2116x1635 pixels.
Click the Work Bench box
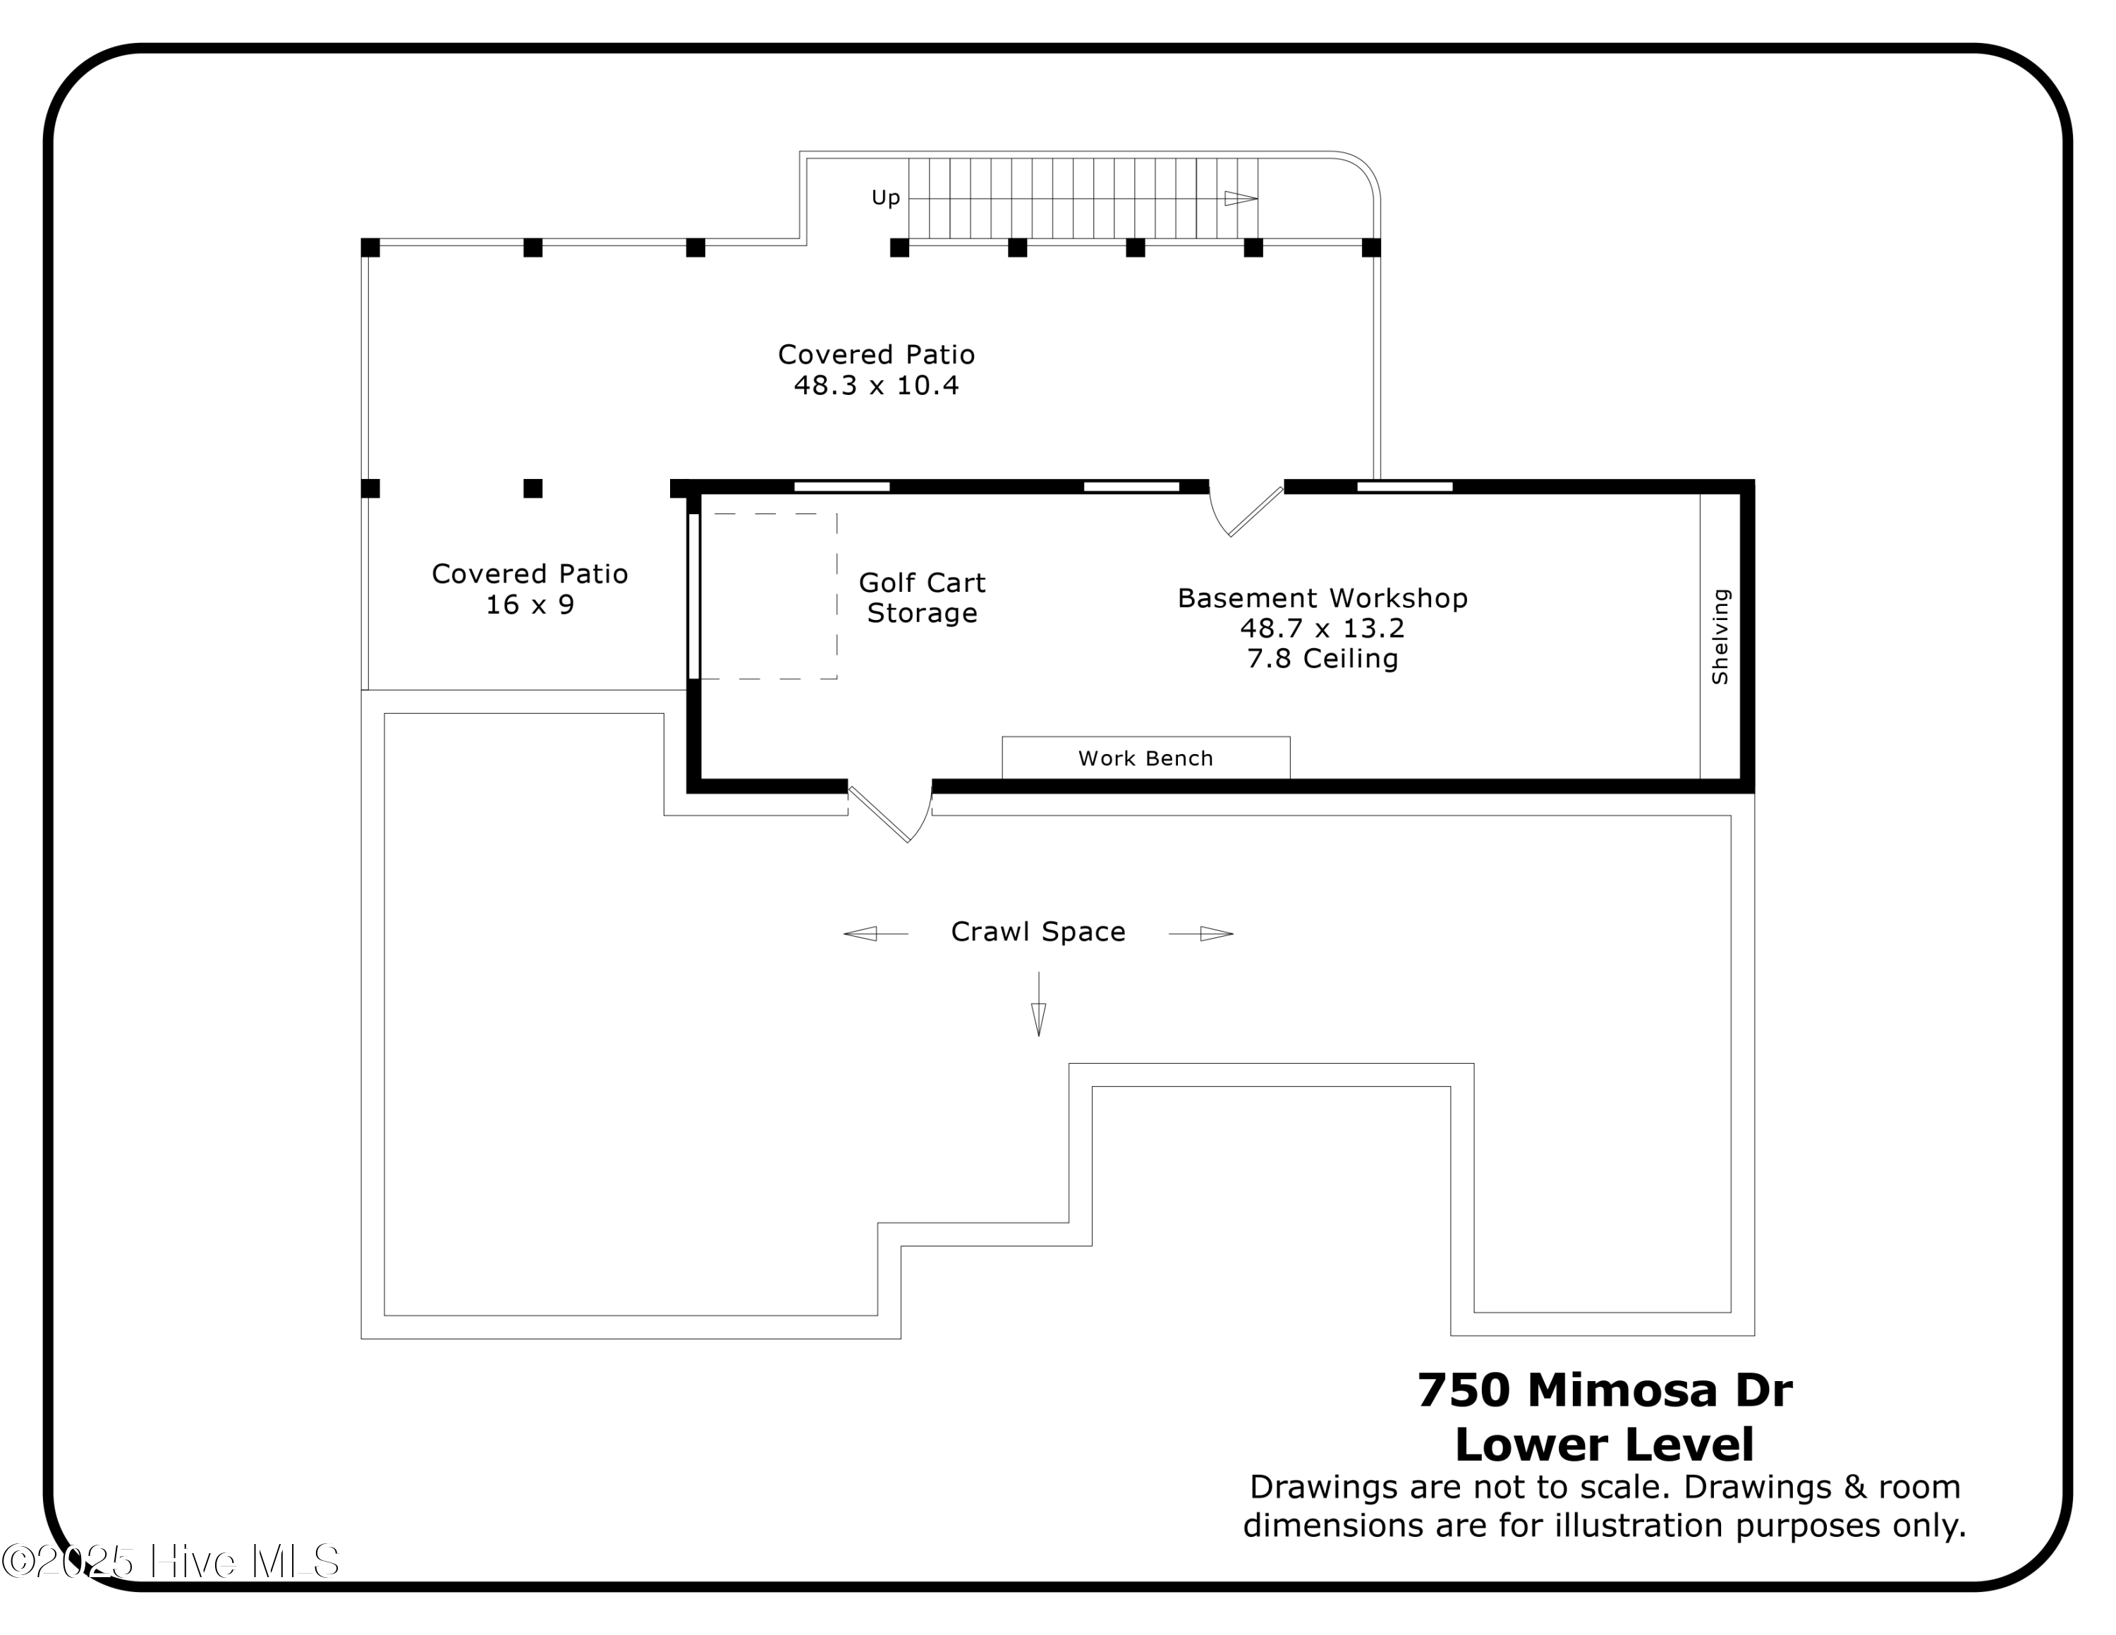point(1145,758)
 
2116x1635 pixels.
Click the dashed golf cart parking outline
point(768,596)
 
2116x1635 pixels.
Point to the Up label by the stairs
point(885,197)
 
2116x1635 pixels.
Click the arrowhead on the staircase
point(1240,199)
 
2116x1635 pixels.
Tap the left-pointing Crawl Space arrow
point(863,934)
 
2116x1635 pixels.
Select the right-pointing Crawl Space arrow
point(1215,934)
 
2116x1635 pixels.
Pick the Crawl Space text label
point(1038,932)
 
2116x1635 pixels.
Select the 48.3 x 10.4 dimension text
point(876,386)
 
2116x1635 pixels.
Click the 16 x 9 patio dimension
point(530,605)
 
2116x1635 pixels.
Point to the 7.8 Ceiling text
point(1322,659)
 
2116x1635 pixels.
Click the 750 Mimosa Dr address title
point(1605,1391)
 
